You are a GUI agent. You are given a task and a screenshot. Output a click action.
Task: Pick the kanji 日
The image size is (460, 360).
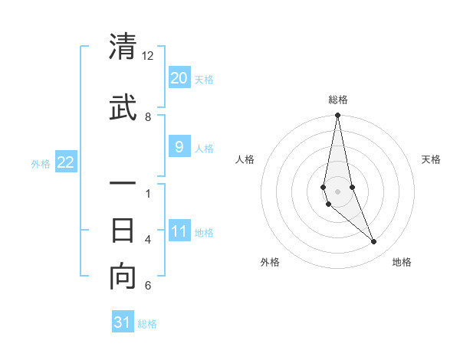pyautogui.click(x=123, y=230)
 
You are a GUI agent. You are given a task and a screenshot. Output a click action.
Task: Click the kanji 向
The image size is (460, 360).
pyautogui.click(x=123, y=277)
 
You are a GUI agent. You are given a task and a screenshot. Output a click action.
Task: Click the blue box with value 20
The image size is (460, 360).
pyautogui.click(x=179, y=78)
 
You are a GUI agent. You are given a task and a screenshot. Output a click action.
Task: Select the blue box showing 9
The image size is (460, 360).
pyautogui.click(x=179, y=147)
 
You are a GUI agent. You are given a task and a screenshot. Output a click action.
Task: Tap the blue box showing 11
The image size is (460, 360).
pyautogui.click(x=179, y=231)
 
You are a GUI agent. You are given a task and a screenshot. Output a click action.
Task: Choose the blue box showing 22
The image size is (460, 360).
pyautogui.click(x=66, y=162)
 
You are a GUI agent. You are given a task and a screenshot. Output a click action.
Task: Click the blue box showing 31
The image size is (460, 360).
pyautogui.click(x=123, y=322)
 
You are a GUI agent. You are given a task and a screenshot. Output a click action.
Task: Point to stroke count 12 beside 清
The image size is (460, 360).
pyautogui.click(x=148, y=56)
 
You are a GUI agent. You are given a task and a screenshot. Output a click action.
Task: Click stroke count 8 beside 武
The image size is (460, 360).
pyautogui.click(x=148, y=117)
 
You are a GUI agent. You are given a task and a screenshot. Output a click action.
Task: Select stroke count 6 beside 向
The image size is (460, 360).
pyautogui.click(x=148, y=286)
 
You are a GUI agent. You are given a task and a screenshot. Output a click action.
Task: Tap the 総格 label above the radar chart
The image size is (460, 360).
pyautogui.click(x=338, y=100)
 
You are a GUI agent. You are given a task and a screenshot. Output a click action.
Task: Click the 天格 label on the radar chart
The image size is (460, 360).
pyautogui.click(x=432, y=159)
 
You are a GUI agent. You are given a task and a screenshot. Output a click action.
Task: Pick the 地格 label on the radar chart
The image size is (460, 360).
pyautogui.click(x=402, y=262)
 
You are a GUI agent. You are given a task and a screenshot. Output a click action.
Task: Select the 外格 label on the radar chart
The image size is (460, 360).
pyautogui.click(x=270, y=262)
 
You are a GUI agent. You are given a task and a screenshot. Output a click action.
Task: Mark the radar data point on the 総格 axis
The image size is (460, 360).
pyautogui.click(x=337, y=116)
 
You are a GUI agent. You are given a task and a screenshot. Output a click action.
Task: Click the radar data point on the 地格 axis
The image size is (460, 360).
pyautogui.click(x=374, y=242)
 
